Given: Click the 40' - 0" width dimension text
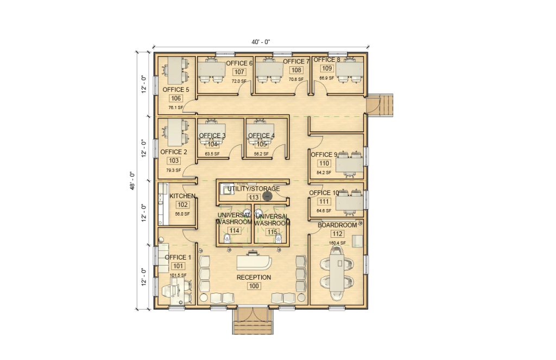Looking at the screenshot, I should pyautogui.click(x=261, y=42).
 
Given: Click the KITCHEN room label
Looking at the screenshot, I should pyautogui.click(x=182, y=195).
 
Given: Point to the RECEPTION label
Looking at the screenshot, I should pyautogui.click(x=254, y=277).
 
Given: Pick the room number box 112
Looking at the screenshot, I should pyautogui.click(x=337, y=234).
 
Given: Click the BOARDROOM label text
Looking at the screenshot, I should pyautogui.click(x=337, y=225).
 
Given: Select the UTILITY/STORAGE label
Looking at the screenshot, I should pyautogui.click(x=254, y=188).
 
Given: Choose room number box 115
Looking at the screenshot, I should pyautogui.click(x=272, y=231).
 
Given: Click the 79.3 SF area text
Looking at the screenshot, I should pyautogui.click(x=174, y=170).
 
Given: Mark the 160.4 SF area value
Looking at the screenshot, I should pyautogui.click(x=337, y=243).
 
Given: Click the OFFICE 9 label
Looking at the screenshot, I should pyautogui.click(x=324, y=155).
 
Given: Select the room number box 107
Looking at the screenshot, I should pyautogui.click(x=239, y=72).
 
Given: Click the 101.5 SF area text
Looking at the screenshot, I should pyautogui.click(x=178, y=275).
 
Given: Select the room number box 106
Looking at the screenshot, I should pyautogui.click(x=176, y=98).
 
